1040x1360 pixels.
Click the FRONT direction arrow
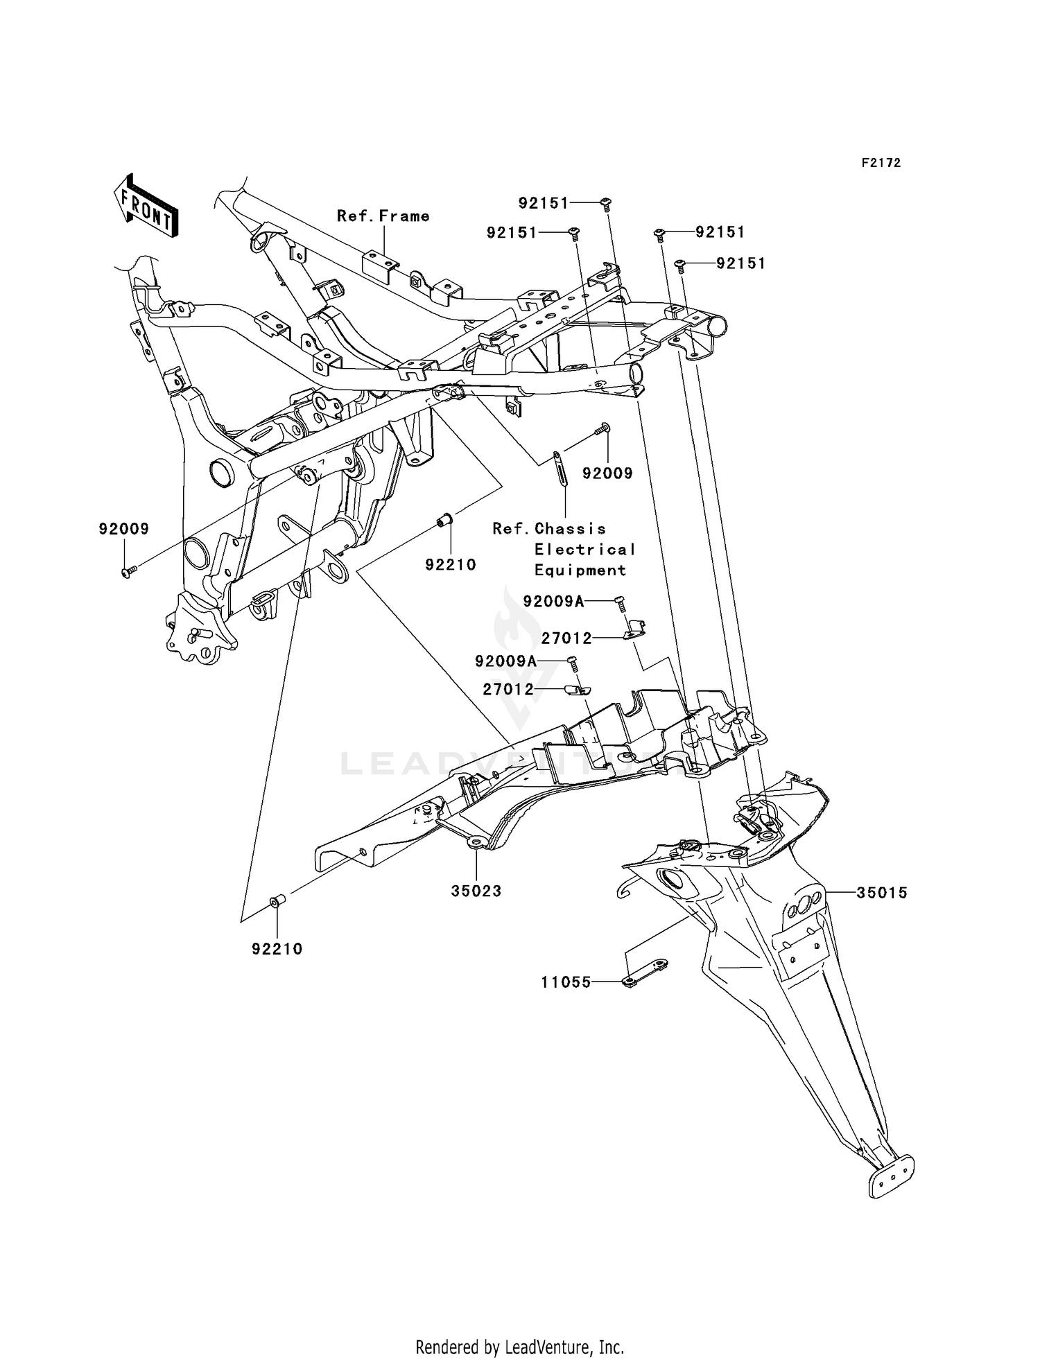point(146,207)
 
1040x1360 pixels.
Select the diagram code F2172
point(881,163)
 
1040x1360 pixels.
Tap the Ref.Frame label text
point(383,216)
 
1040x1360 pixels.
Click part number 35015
point(881,893)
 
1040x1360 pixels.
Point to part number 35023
point(476,891)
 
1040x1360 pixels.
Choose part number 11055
point(566,982)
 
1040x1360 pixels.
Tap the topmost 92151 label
point(543,203)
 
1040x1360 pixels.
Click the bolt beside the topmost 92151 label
point(606,203)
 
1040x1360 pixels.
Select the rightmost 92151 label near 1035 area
point(740,264)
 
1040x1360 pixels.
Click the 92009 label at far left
point(123,530)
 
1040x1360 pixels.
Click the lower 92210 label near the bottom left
point(277,950)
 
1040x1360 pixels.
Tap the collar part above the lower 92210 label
point(276,901)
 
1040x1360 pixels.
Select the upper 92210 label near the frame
point(451,565)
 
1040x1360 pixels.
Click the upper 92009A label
point(553,602)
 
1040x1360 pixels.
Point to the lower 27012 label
point(528,690)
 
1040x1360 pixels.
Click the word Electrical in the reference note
point(584,550)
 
